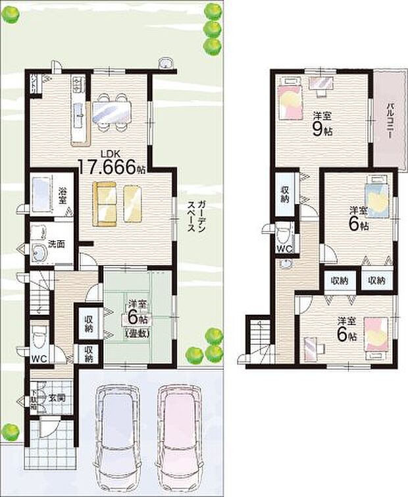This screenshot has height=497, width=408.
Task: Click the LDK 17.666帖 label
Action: click(x=112, y=163)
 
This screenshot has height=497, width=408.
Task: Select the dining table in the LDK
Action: click(x=113, y=109)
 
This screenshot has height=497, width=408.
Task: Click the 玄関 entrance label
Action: click(x=56, y=398)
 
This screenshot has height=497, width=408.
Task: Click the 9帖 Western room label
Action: click(x=322, y=124)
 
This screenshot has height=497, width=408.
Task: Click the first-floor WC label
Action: click(x=40, y=359)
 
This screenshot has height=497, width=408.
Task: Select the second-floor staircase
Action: click(x=258, y=336)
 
